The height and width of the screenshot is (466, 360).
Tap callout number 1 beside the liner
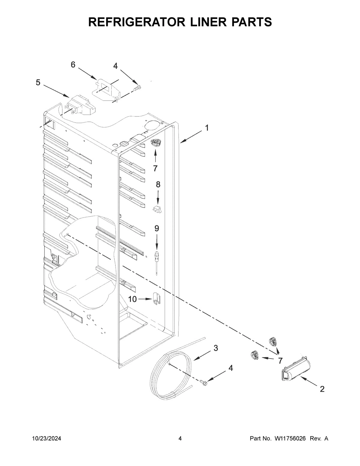[x=207, y=128]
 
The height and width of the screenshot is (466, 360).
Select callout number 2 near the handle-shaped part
[x=322, y=389]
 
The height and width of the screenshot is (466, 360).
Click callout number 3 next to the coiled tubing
[x=216, y=348]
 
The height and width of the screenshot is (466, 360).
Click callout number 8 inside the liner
[x=158, y=185]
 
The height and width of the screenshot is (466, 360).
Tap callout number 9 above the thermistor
[x=157, y=229]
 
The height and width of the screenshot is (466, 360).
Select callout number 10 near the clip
[x=132, y=299]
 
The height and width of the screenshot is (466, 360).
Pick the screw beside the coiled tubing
[x=203, y=382]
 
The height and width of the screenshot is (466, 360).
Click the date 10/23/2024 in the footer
[x=46, y=439]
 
